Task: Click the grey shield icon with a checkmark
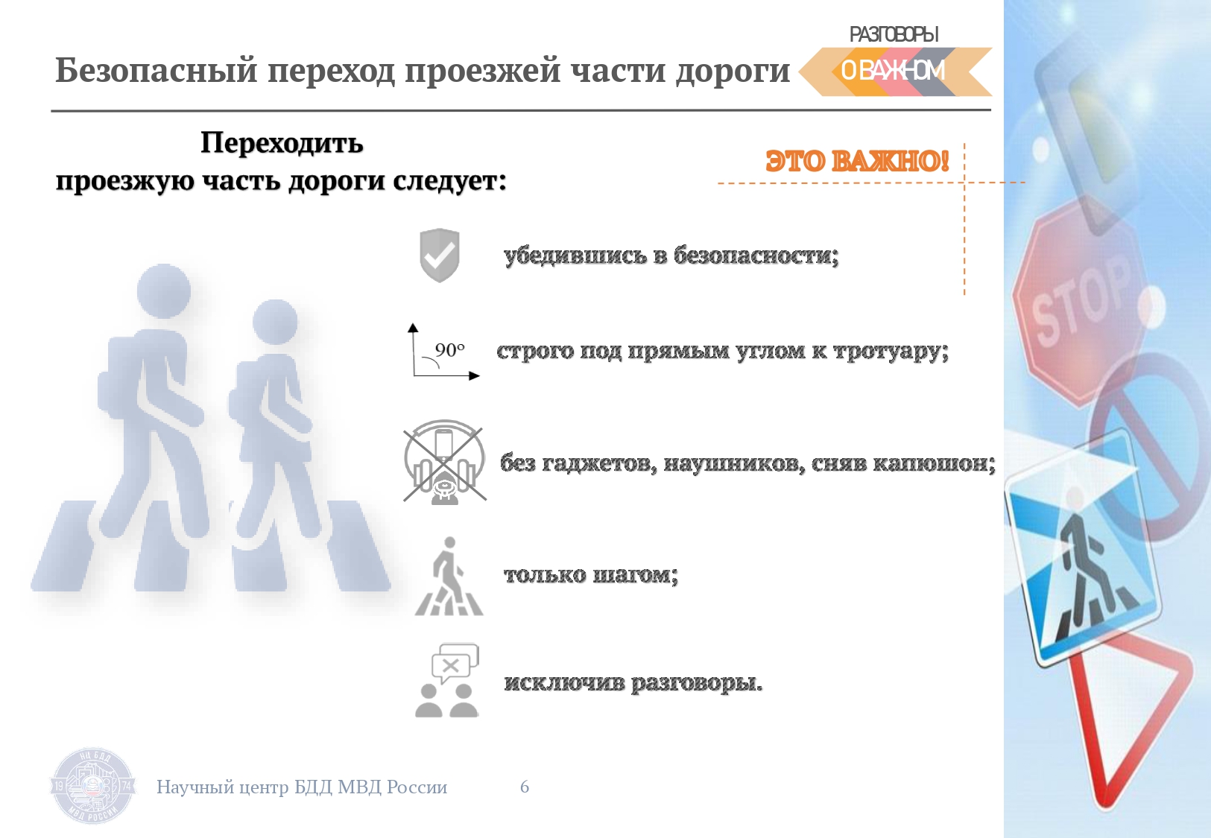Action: (440, 255)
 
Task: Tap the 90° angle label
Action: (450, 350)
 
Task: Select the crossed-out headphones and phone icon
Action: (444, 463)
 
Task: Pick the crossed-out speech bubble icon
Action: (455, 664)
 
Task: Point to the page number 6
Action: (525, 787)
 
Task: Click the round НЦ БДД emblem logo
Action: (93, 786)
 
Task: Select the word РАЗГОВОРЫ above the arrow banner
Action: (894, 34)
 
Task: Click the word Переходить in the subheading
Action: (282, 143)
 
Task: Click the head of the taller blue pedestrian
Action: (164, 291)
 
